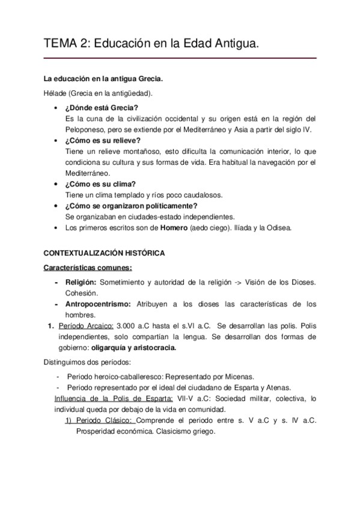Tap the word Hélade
[56, 93]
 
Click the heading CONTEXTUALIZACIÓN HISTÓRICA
[106, 254]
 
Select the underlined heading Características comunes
[88, 268]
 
